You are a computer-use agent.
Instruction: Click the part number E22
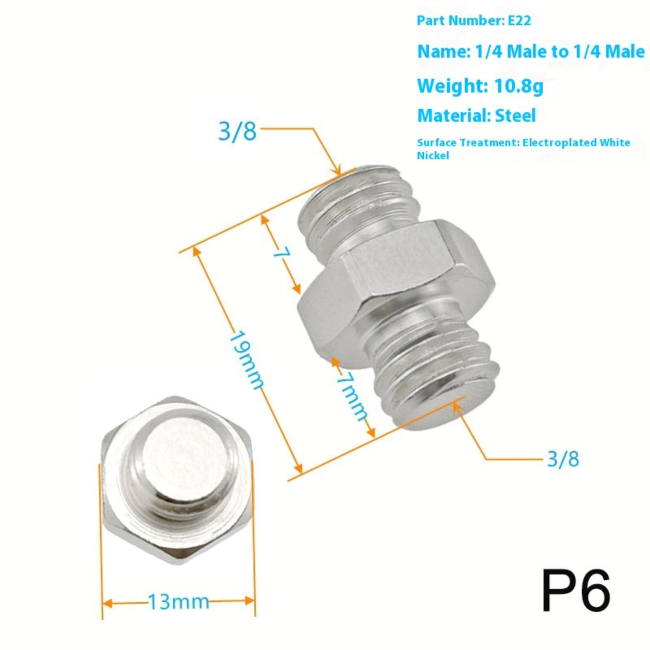click(520, 20)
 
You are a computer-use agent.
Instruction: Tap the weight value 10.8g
click(518, 86)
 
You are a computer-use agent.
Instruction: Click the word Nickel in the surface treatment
click(433, 155)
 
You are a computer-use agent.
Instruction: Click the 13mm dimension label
click(178, 602)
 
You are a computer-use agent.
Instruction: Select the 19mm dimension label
click(246, 360)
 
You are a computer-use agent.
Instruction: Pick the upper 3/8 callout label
click(238, 131)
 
